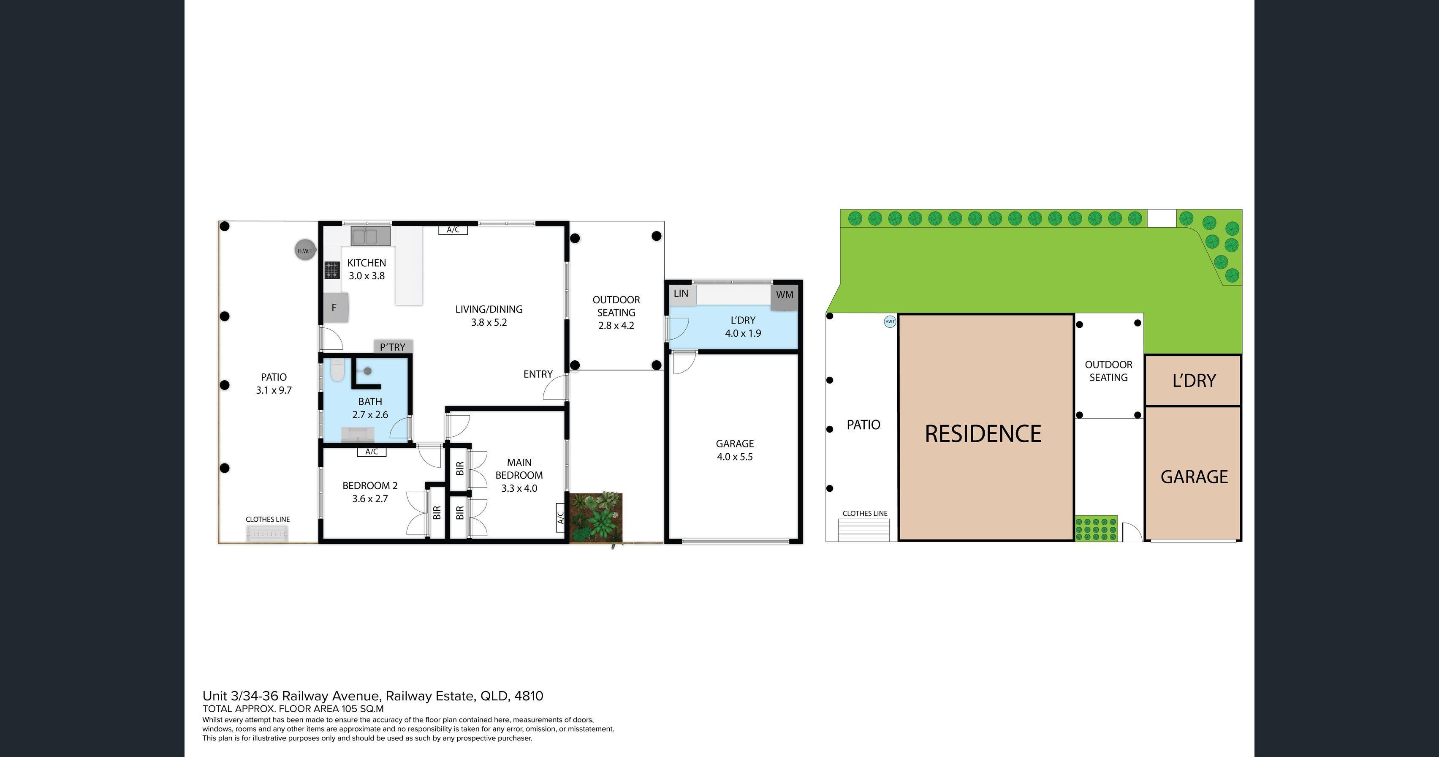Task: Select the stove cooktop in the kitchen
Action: [332, 270]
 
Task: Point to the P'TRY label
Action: [393, 347]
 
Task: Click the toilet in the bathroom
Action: [337, 370]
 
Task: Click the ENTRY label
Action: [538, 374]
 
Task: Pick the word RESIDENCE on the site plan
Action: [983, 433]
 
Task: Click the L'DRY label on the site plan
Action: [1194, 381]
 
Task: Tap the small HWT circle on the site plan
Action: [890, 321]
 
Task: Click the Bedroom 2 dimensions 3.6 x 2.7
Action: [370, 498]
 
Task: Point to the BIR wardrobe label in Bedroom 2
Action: [437, 512]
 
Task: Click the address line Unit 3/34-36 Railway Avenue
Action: [372, 696]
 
